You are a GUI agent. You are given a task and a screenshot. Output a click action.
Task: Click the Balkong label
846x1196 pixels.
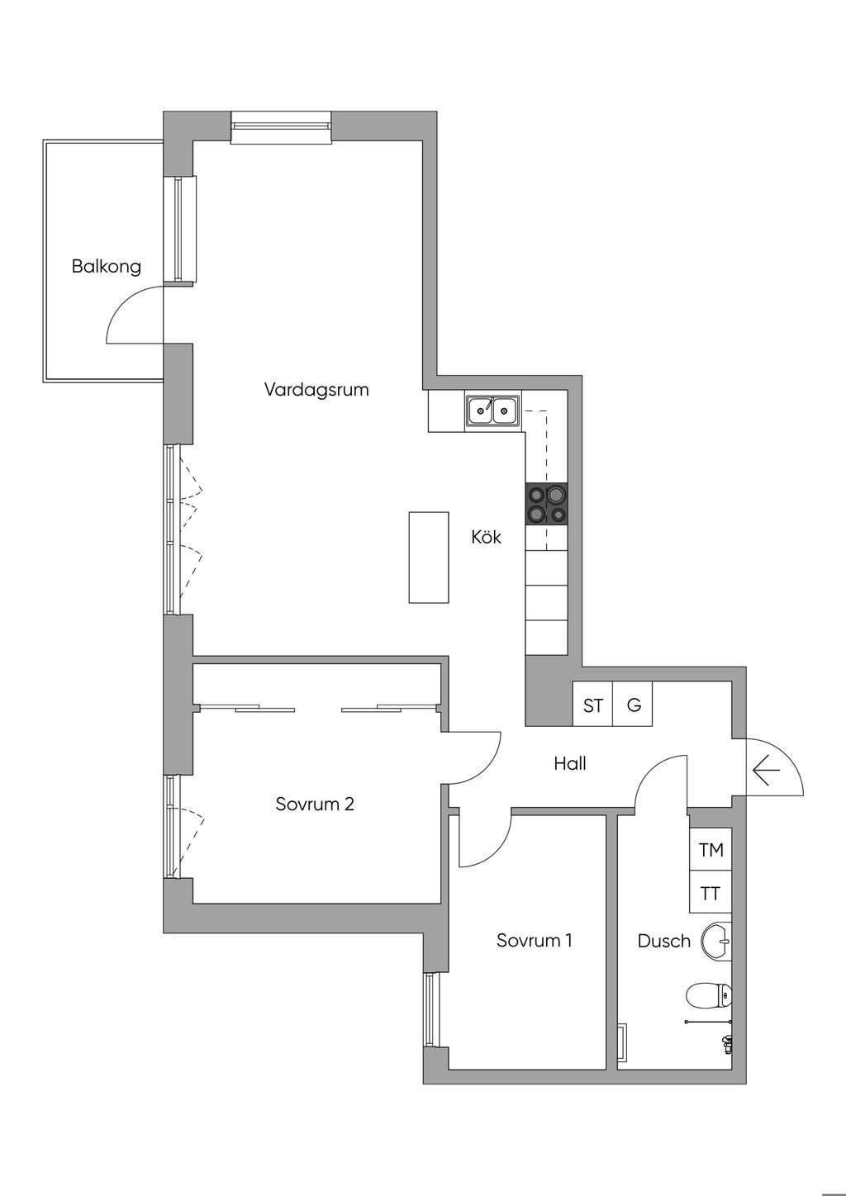(x=106, y=267)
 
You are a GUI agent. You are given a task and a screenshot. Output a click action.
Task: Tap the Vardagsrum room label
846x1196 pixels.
(x=316, y=389)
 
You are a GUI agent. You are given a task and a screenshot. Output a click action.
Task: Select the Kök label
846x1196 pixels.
(x=486, y=537)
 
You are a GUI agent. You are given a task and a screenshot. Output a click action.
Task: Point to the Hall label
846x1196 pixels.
(x=570, y=763)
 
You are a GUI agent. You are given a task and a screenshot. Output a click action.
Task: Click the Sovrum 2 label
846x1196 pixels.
(x=315, y=804)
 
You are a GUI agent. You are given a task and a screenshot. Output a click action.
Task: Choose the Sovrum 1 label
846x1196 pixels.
(x=534, y=940)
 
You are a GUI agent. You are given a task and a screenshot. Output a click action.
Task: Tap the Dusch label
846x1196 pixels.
(x=663, y=941)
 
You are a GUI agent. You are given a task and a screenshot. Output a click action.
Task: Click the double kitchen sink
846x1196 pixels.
(x=492, y=411)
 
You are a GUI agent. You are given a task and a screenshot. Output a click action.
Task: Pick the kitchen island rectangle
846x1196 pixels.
(x=429, y=557)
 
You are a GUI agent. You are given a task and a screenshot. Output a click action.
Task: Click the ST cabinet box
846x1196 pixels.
(x=592, y=705)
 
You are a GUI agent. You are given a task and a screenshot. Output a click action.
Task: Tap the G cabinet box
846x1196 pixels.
(x=634, y=705)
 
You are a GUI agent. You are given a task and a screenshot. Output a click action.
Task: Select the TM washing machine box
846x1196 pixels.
(x=711, y=849)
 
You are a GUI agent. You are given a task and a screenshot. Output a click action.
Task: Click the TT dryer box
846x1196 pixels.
(x=711, y=893)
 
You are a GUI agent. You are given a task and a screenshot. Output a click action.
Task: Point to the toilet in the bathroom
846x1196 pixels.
(x=710, y=995)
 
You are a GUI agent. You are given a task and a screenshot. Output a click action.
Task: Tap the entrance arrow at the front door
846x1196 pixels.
(x=767, y=772)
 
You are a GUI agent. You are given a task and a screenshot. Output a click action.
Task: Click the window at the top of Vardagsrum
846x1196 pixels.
(x=281, y=126)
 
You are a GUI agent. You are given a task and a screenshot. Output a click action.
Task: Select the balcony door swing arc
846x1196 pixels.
(x=131, y=313)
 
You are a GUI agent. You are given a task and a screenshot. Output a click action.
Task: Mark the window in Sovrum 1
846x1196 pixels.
(x=429, y=1010)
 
